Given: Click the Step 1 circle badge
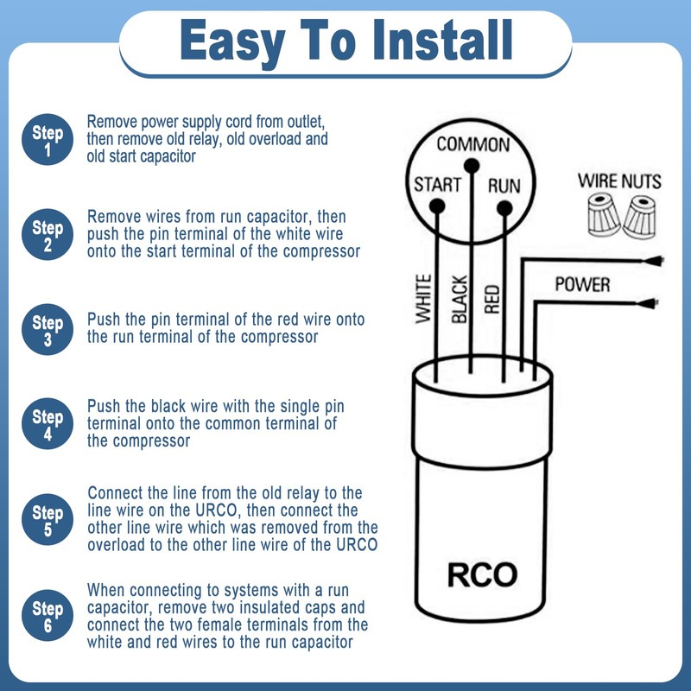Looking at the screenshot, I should point(48,141).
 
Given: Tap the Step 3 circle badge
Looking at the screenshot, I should point(48,331).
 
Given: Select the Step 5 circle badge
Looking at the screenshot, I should point(48,517).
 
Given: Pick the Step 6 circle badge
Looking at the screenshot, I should point(48,616).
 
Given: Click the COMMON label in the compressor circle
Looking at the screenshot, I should point(472,144).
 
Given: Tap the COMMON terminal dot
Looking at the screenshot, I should point(471,164).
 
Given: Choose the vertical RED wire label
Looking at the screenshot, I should point(492,295).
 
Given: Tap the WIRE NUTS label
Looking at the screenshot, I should point(619,181).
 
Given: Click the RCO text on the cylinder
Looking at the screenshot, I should point(482,574).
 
